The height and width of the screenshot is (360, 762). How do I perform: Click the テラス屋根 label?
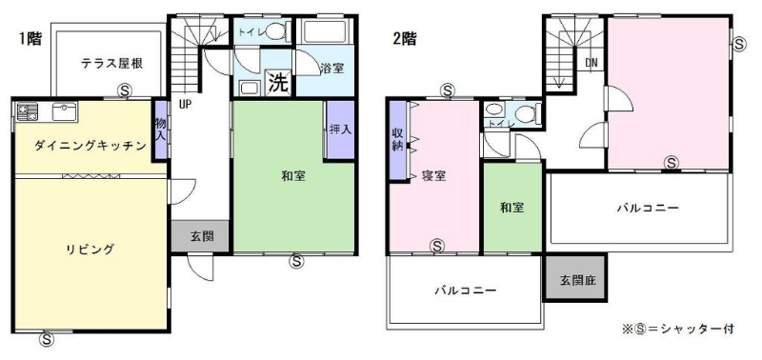112,63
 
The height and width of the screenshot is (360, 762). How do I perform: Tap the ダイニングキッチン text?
90,146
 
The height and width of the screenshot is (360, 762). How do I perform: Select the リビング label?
90,250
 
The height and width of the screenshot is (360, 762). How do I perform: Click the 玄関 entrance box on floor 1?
200,236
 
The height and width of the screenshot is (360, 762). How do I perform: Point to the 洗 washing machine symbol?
278,83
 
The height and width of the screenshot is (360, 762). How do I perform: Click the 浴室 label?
331,69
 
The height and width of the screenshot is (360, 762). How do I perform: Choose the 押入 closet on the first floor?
340,130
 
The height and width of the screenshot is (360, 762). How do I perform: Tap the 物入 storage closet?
160,130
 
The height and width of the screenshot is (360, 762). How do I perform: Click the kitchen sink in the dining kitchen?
64,112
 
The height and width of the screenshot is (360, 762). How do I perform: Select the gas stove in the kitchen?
28,111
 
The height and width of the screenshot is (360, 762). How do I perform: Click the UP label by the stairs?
184,105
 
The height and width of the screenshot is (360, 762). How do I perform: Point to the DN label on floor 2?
591,63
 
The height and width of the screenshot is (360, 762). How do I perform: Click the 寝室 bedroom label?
434,176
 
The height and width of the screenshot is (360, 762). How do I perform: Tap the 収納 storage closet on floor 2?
398,140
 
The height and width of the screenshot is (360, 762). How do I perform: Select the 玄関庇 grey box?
576,279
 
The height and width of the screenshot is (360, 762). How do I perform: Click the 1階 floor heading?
30,39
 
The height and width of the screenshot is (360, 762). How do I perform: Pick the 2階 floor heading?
404,39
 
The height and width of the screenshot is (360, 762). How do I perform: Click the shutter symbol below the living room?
47,340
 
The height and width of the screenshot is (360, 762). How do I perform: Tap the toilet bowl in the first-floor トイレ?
275,31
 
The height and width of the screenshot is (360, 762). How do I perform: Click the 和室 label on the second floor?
512,208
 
